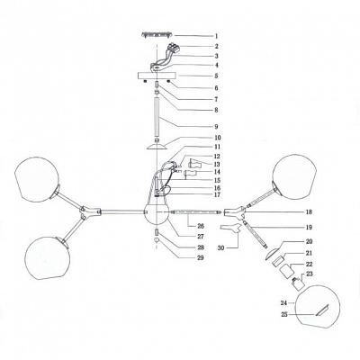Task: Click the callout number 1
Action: (216, 36)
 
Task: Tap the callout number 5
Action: (216, 76)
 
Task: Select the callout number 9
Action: (216, 127)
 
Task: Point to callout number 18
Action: (309, 212)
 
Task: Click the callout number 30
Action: (221, 248)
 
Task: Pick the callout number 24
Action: (283, 303)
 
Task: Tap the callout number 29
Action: (201, 257)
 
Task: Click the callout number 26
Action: (201, 226)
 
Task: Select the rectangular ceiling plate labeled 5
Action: (157, 76)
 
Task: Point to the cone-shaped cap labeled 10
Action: (157, 147)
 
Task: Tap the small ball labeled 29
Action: (157, 240)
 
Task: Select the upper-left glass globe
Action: (37, 179)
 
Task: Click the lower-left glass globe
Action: (47, 257)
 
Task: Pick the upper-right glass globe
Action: (294, 177)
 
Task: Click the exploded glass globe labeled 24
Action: (318, 307)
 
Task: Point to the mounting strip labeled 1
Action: (157, 35)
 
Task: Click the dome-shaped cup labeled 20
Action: (271, 254)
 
